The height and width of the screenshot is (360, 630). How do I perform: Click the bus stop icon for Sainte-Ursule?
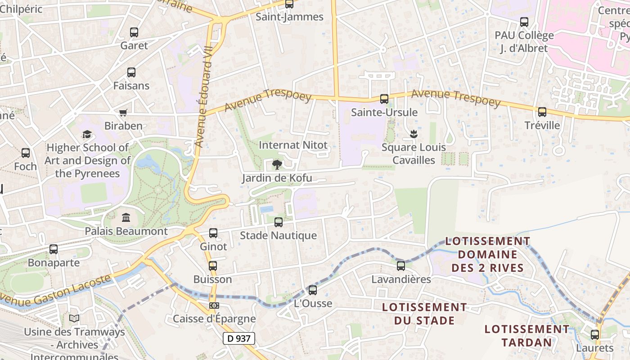[384, 99]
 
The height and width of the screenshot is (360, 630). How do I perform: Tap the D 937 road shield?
[238, 338]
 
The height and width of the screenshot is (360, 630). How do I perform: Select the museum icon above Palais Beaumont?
[126, 218]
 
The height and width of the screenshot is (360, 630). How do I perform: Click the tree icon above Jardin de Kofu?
[277, 164]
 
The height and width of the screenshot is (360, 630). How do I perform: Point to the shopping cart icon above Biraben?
[123, 112]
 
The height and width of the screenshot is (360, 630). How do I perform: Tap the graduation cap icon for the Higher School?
[87, 134]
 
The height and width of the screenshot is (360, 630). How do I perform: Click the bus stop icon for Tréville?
[542, 112]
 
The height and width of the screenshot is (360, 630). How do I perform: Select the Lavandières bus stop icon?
[401, 266]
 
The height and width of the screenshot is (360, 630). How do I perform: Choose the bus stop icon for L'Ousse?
[313, 290]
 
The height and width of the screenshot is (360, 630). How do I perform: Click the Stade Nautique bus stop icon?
[279, 222]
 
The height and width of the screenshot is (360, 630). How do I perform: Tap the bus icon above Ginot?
[213, 233]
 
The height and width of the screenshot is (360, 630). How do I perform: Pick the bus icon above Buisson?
[213, 266]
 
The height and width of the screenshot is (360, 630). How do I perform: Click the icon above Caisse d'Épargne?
[214, 306]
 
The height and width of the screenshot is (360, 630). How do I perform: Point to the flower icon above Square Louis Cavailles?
[413, 134]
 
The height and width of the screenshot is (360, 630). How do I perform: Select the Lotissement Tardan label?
[526, 336]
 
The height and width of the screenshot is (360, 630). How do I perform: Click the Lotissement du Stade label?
[424, 314]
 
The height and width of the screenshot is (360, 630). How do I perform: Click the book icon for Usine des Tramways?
[74, 319]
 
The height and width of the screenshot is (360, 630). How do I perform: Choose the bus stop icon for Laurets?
[595, 335]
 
